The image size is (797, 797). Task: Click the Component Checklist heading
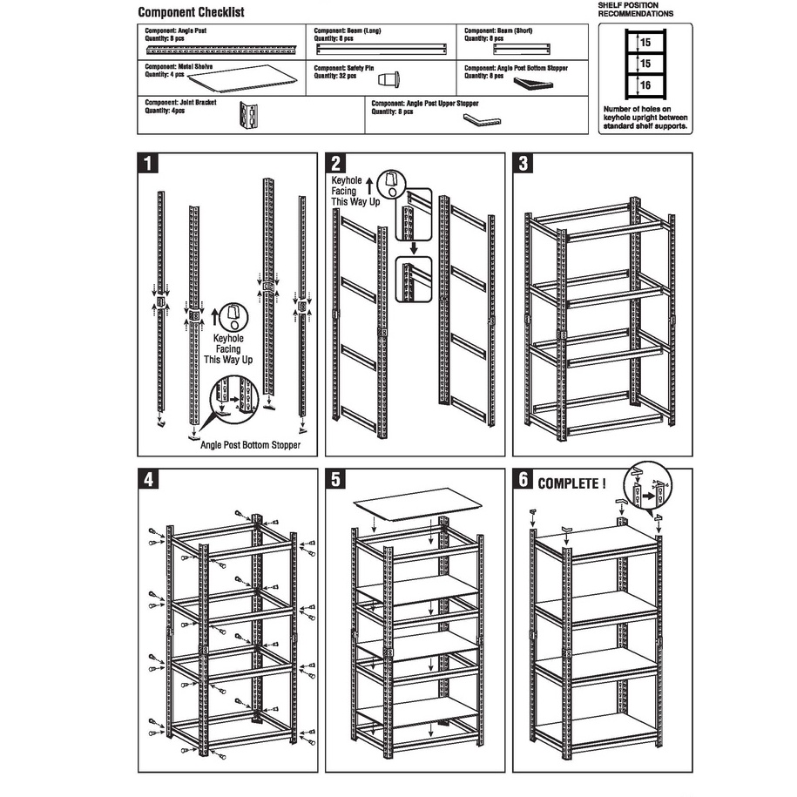(191, 12)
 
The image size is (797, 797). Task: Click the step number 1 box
(150, 164)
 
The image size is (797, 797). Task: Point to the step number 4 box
(150, 479)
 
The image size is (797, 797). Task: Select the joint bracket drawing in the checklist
(249, 115)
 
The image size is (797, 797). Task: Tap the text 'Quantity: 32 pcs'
(336, 73)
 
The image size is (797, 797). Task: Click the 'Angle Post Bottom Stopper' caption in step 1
(250, 445)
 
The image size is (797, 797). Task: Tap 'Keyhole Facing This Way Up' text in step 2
(353, 191)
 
